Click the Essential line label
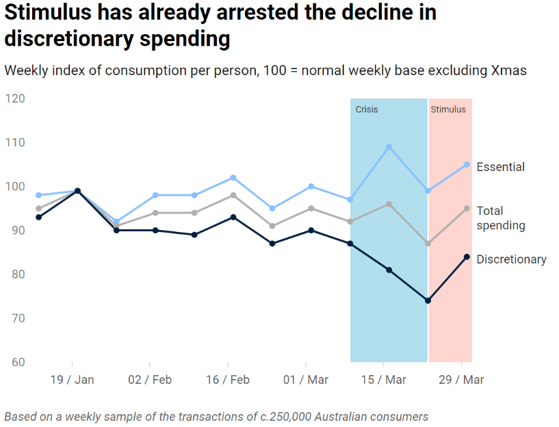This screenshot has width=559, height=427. click(x=500, y=167)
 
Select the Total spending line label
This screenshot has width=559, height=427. click(x=500, y=218)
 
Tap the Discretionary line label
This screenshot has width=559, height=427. click(x=511, y=259)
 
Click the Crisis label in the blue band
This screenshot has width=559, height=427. click(x=367, y=109)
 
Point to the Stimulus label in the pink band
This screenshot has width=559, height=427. click(x=448, y=109)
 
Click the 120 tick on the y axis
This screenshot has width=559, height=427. click(x=14, y=99)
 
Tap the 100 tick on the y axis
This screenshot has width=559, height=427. click(x=14, y=186)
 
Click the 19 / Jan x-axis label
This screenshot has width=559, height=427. click(x=72, y=380)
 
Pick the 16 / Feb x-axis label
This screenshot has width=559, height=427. click(x=228, y=380)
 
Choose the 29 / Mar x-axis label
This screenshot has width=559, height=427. click(x=461, y=380)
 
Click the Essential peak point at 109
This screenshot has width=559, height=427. click(x=389, y=146)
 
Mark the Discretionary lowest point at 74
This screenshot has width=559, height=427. click(x=428, y=300)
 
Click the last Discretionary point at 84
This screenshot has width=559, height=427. click(x=467, y=257)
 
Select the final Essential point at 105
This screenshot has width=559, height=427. click(x=467, y=164)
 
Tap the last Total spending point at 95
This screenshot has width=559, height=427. click(x=467, y=209)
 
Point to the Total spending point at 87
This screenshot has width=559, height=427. click(x=428, y=244)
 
